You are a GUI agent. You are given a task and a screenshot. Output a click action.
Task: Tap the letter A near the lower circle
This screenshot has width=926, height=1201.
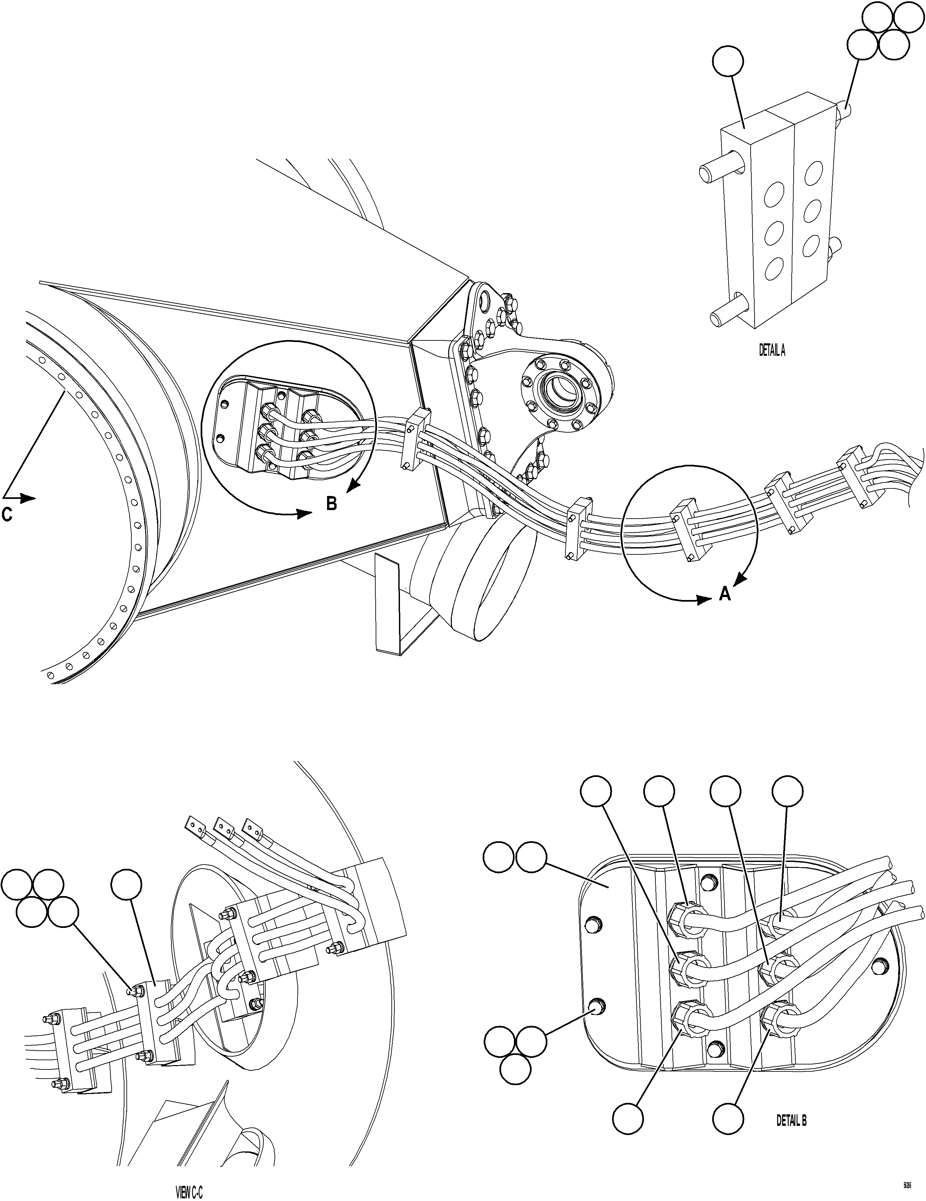pyautogui.click(x=725, y=593)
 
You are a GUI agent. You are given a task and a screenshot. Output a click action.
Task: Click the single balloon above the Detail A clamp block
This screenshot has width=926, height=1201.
pyautogui.click(x=727, y=62)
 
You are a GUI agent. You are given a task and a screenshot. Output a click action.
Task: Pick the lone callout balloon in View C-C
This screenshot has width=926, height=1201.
pyautogui.click(x=126, y=884)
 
